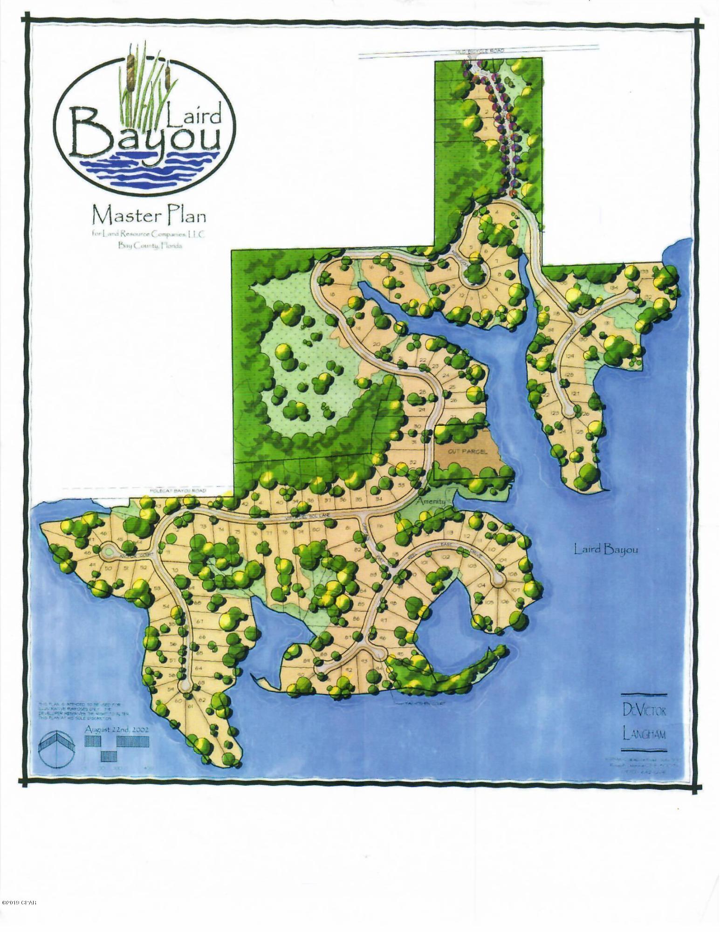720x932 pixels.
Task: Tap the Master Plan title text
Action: (x=149, y=217)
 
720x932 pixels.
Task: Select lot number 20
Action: (x=377, y=345)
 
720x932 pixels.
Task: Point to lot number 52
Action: (x=144, y=568)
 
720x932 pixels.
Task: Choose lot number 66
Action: (x=202, y=637)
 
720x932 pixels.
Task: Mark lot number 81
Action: (x=361, y=528)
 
